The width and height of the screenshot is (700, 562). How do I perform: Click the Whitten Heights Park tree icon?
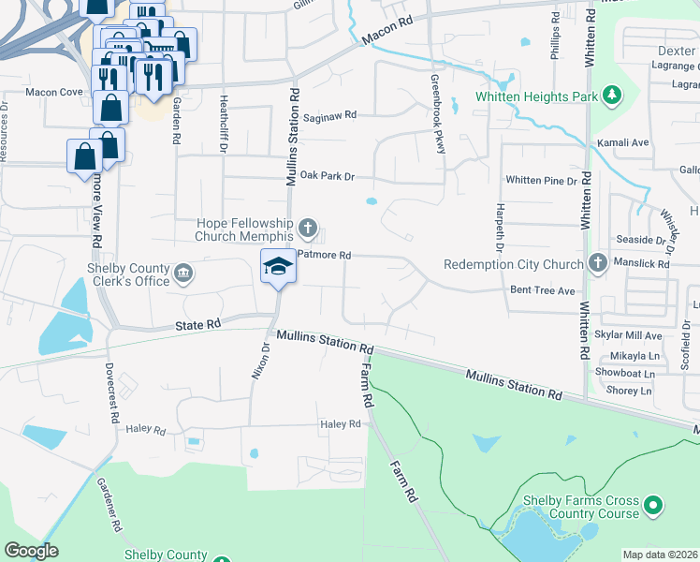pyautogui.click(x=612, y=95)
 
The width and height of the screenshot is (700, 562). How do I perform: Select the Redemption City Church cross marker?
pyautogui.click(x=597, y=263)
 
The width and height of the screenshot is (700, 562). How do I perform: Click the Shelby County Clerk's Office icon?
pyautogui.click(x=183, y=274)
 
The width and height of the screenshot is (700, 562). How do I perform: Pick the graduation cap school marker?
pyautogui.click(x=277, y=268)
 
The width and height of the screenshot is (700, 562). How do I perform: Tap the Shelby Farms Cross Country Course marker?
pyautogui.click(x=654, y=507)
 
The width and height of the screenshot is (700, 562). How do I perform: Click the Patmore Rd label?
pyautogui.click(x=324, y=255)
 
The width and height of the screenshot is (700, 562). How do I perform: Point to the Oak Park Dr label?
pyautogui.click(x=321, y=175)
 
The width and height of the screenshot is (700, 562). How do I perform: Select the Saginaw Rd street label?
pyautogui.click(x=330, y=115)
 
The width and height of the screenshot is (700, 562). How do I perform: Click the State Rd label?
pyautogui.click(x=198, y=323)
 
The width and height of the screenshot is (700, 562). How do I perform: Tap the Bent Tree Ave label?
pyautogui.click(x=542, y=290)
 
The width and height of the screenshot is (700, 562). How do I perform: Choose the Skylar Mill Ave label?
pyautogui.click(x=629, y=335)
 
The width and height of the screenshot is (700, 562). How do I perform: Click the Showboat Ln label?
pyautogui.click(x=632, y=373)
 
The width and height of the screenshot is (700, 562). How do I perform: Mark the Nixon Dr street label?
pyautogui.click(x=260, y=360)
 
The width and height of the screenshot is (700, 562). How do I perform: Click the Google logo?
pyautogui.click(x=31, y=551)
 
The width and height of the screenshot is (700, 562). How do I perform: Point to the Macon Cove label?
pyautogui.click(x=54, y=93)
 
